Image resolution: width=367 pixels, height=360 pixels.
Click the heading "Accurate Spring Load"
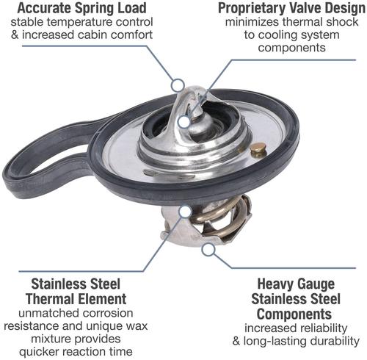pyautogui.click(x=82, y=8)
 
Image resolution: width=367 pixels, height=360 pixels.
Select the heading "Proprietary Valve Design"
pyautogui.click(x=291, y=8)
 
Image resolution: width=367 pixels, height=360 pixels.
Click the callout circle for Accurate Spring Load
pyautogui.click(x=178, y=85)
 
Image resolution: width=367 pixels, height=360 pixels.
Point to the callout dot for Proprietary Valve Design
pyautogui.click(x=184, y=122)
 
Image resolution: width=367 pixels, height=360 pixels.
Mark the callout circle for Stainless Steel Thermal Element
pyautogui.click(x=185, y=212)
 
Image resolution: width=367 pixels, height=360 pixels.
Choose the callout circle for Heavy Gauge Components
pyautogui.click(x=208, y=249)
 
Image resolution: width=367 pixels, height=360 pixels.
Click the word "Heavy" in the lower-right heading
pyautogui.click(x=275, y=284)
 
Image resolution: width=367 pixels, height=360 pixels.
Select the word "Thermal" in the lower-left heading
pyautogui.click(x=48, y=299)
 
